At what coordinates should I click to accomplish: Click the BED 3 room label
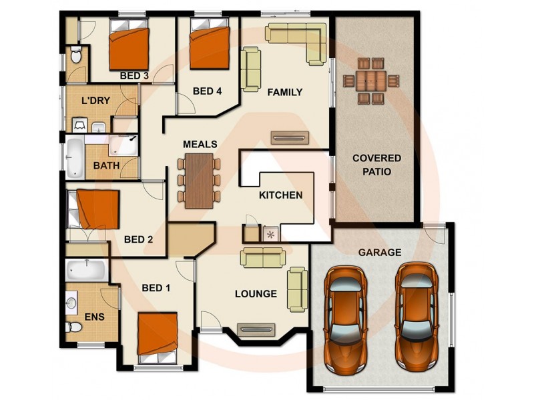click(134, 76)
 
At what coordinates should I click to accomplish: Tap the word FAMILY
click(285, 93)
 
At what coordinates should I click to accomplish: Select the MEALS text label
click(200, 144)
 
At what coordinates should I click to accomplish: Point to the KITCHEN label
click(281, 195)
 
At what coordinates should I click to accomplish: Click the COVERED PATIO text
click(377, 165)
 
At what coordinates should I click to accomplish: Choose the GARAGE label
click(380, 253)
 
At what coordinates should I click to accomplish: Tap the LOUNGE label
click(256, 293)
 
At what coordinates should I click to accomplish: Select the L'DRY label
click(95, 101)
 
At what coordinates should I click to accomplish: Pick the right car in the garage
click(416, 315)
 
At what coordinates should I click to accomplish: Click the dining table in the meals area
click(198, 180)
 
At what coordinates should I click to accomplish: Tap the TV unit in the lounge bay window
click(256, 329)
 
